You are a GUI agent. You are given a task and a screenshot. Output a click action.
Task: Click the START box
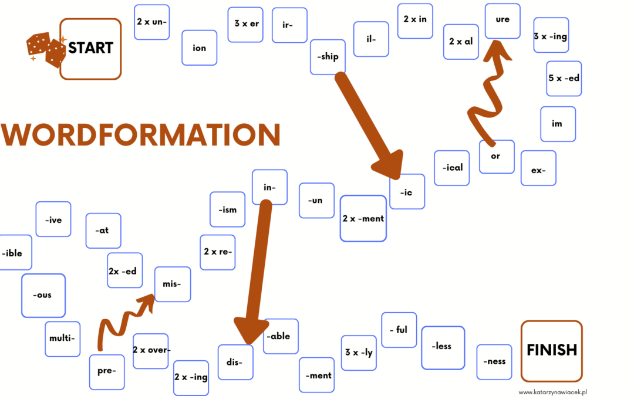click(90, 49)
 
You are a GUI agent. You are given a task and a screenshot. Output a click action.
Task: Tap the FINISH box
click(551, 351)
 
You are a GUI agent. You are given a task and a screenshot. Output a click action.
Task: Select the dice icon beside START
click(45, 49)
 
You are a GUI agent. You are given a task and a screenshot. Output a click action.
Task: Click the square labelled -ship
click(328, 57)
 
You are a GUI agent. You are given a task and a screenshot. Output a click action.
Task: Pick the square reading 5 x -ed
click(564, 79)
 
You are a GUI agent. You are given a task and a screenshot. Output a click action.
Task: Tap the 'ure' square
click(503, 21)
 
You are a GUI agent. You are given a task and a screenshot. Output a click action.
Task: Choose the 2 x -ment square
click(363, 219)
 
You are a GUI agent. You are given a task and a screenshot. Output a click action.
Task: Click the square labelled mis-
click(172, 284)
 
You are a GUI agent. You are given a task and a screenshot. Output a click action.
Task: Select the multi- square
click(62, 339)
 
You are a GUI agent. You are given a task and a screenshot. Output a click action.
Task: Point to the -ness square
click(494, 361)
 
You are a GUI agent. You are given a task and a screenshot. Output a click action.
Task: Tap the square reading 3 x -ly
click(359, 353)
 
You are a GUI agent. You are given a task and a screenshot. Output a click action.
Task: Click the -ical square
click(451, 168)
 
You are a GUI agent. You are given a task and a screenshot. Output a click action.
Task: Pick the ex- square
click(538, 168)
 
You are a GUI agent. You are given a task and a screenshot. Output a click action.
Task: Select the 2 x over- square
click(150, 351)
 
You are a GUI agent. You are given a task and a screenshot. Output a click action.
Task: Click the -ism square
click(227, 209)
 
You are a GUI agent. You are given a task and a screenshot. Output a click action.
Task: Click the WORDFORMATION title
click(141, 134)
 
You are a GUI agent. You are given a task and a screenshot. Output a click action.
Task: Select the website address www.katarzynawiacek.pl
click(552, 392)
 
